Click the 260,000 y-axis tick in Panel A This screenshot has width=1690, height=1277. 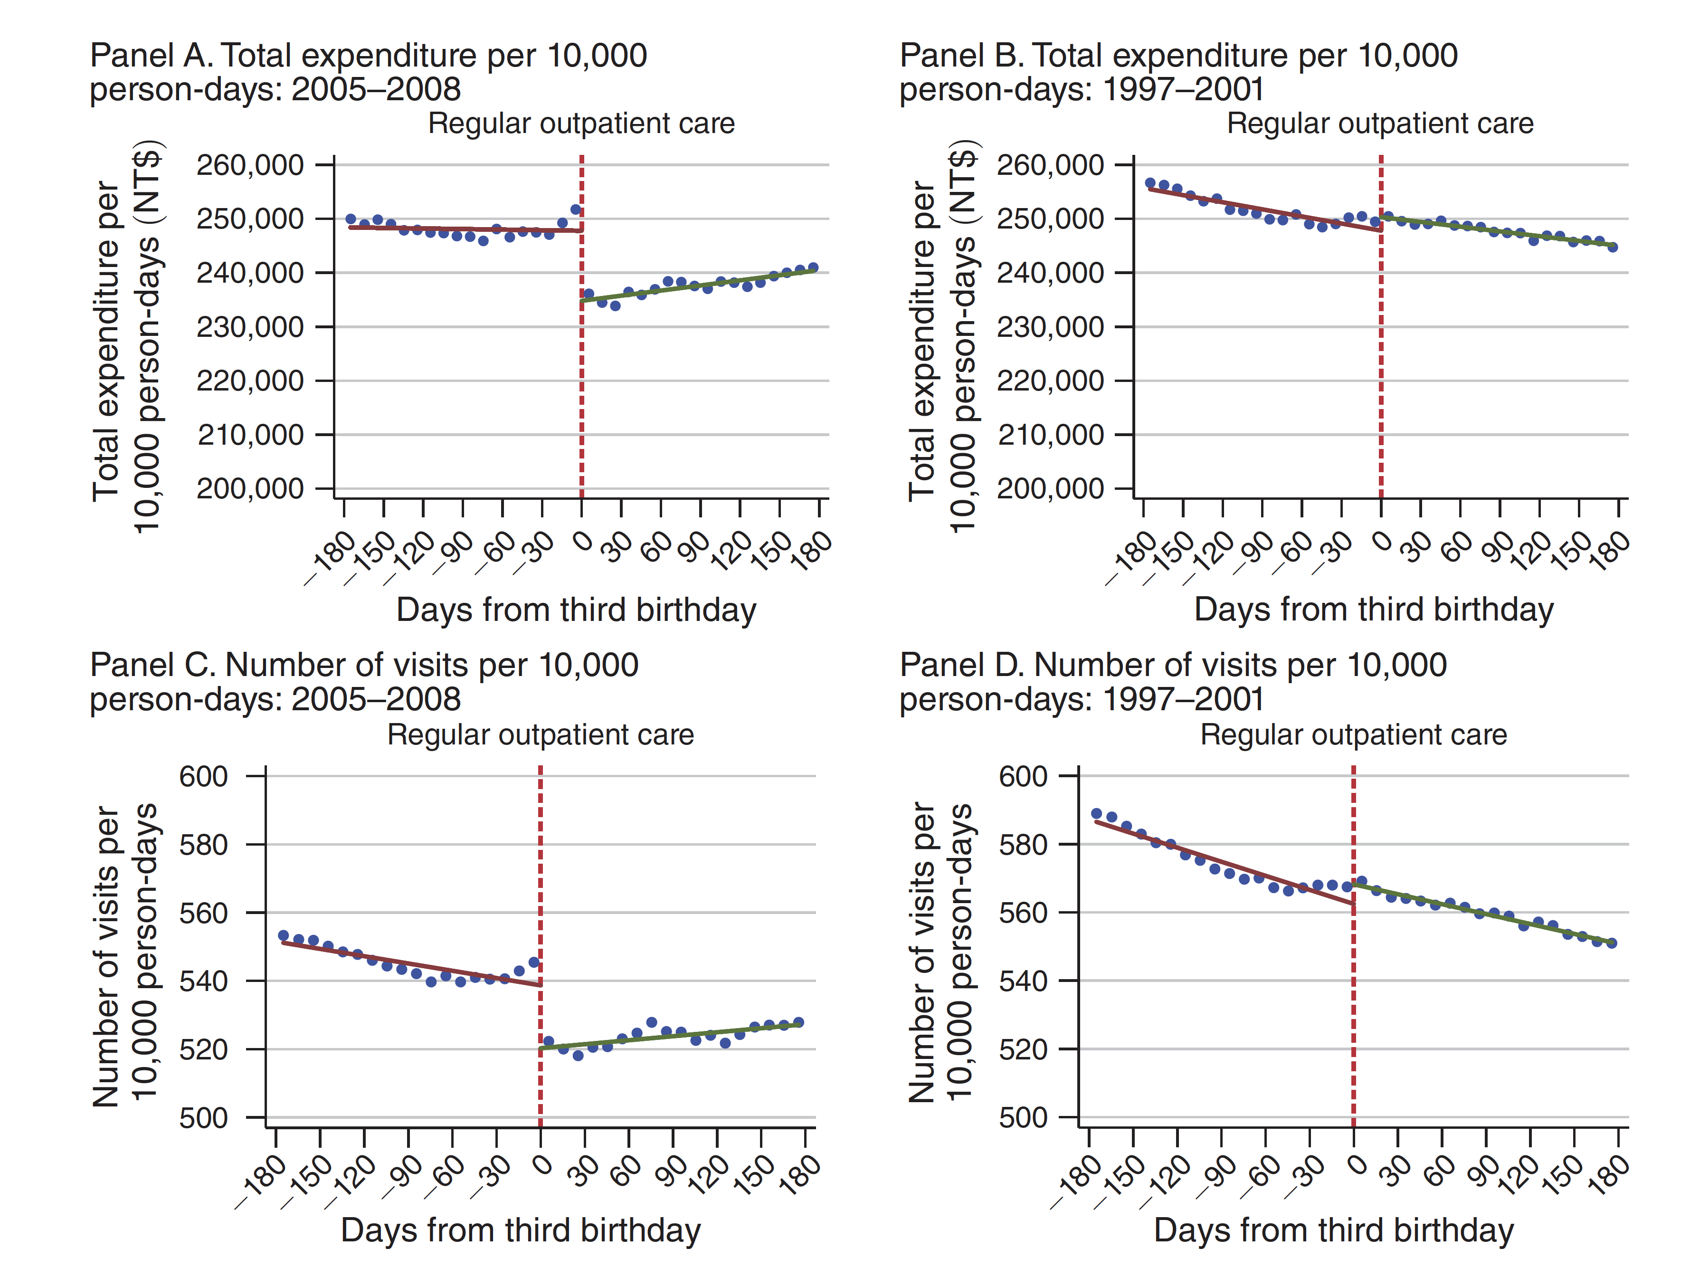tap(324, 164)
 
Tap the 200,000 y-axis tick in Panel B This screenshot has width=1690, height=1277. tap(1123, 488)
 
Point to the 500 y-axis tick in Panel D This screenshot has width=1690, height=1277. tap(1068, 1117)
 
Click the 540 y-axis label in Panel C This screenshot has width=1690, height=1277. tap(203, 981)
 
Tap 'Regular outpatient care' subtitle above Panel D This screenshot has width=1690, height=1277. tap(1353, 734)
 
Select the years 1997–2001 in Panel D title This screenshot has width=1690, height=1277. tap(1184, 700)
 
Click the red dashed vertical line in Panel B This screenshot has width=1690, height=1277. tap(1381, 344)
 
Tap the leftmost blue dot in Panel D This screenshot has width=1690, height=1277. tap(1096, 814)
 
